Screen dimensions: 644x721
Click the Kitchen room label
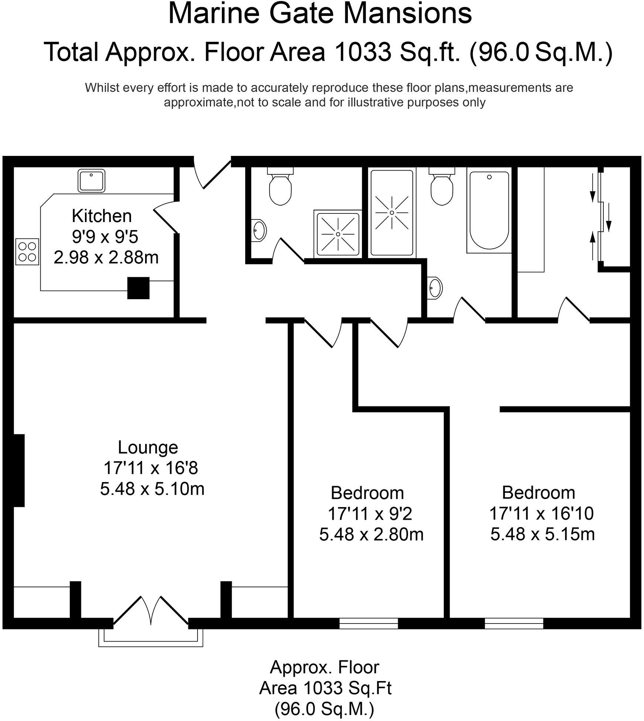pyautogui.click(x=102, y=216)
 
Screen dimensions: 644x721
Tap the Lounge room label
pyautogui.click(x=148, y=448)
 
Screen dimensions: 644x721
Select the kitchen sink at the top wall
pyautogui.click(x=91, y=181)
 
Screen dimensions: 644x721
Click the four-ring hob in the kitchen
pyautogui.click(x=27, y=252)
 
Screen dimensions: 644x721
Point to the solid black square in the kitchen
pyautogui.click(x=138, y=288)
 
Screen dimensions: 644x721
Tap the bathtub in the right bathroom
pyautogui.click(x=489, y=210)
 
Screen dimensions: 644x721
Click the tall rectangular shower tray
pyautogui.click(x=392, y=212)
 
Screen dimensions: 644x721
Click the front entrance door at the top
pyautogui.click(x=213, y=174)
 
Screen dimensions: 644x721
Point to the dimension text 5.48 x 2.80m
pyautogui.click(x=371, y=535)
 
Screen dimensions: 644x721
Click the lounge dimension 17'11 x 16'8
pyautogui.click(x=151, y=468)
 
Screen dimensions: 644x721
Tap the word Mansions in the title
pyautogui.click(x=409, y=14)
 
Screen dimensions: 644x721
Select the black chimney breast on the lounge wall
pyautogui.click(x=19, y=470)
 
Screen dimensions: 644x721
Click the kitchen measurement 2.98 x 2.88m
pyautogui.click(x=106, y=257)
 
